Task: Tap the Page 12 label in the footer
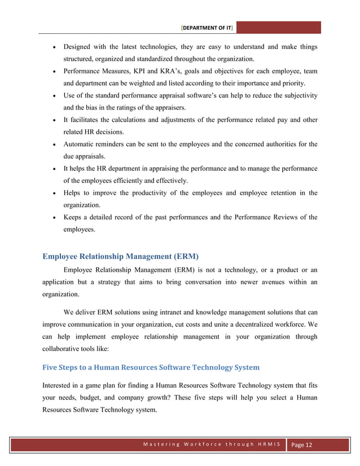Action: click(302, 445)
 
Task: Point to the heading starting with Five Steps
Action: click(151, 367)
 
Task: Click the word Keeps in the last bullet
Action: click(74, 217)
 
